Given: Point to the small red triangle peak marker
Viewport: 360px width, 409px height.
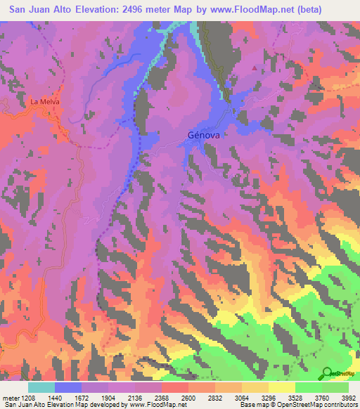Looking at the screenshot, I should point(255,68).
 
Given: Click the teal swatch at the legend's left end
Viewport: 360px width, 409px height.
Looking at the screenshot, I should point(41,387).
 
